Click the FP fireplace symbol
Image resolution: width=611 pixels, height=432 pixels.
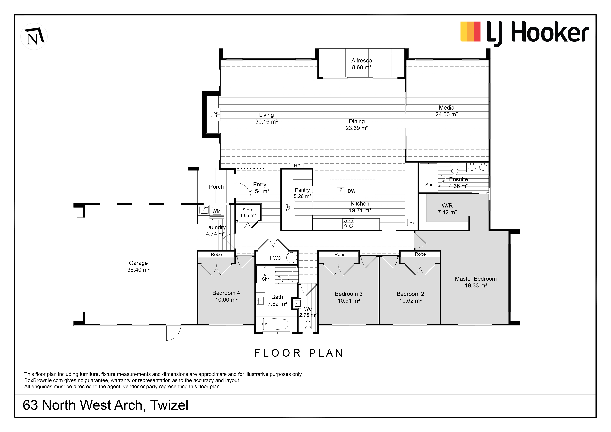[x=215, y=115]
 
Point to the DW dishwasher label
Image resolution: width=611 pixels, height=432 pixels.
[x=352, y=191]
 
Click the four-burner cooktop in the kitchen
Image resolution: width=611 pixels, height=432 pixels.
[x=348, y=224]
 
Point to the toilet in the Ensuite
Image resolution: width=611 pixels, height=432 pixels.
[x=454, y=169]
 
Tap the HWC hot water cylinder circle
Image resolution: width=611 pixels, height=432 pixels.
[x=292, y=258]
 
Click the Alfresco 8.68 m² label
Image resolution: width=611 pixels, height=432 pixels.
[x=361, y=64]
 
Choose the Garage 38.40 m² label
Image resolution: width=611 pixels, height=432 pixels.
[x=138, y=266]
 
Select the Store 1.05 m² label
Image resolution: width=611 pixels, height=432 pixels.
[x=248, y=213]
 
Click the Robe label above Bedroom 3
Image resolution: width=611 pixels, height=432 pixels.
[x=340, y=255]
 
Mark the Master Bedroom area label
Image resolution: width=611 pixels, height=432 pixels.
[x=476, y=282]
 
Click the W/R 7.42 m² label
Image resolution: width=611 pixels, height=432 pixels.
[x=447, y=209]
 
